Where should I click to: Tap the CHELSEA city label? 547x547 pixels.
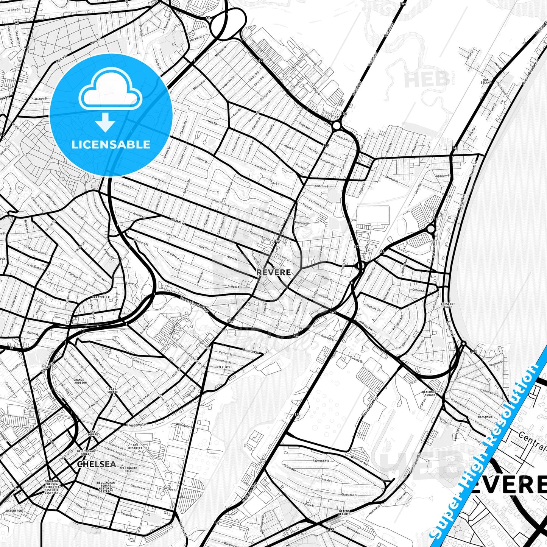[x=96, y=464]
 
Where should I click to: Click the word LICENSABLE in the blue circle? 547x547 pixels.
[x=111, y=145]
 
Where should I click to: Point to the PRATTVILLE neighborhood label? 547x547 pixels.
[x=100, y=298]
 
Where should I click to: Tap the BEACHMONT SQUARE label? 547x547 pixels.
[x=430, y=393]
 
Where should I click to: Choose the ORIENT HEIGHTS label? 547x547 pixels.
[x=344, y=513]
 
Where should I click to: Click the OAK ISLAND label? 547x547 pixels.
[x=486, y=81]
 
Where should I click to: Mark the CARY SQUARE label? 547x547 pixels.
[x=113, y=391]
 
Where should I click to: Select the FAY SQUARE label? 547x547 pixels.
[x=93, y=433]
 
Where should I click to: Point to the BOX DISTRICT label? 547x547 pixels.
[x=135, y=447]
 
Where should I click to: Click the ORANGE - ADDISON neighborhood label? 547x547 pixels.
[x=80, y=381]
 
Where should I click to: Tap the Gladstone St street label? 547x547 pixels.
[x=349, y=495]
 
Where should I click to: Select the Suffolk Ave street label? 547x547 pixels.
[x=235, y=287]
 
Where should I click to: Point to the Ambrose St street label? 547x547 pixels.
[x=322, y=186]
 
